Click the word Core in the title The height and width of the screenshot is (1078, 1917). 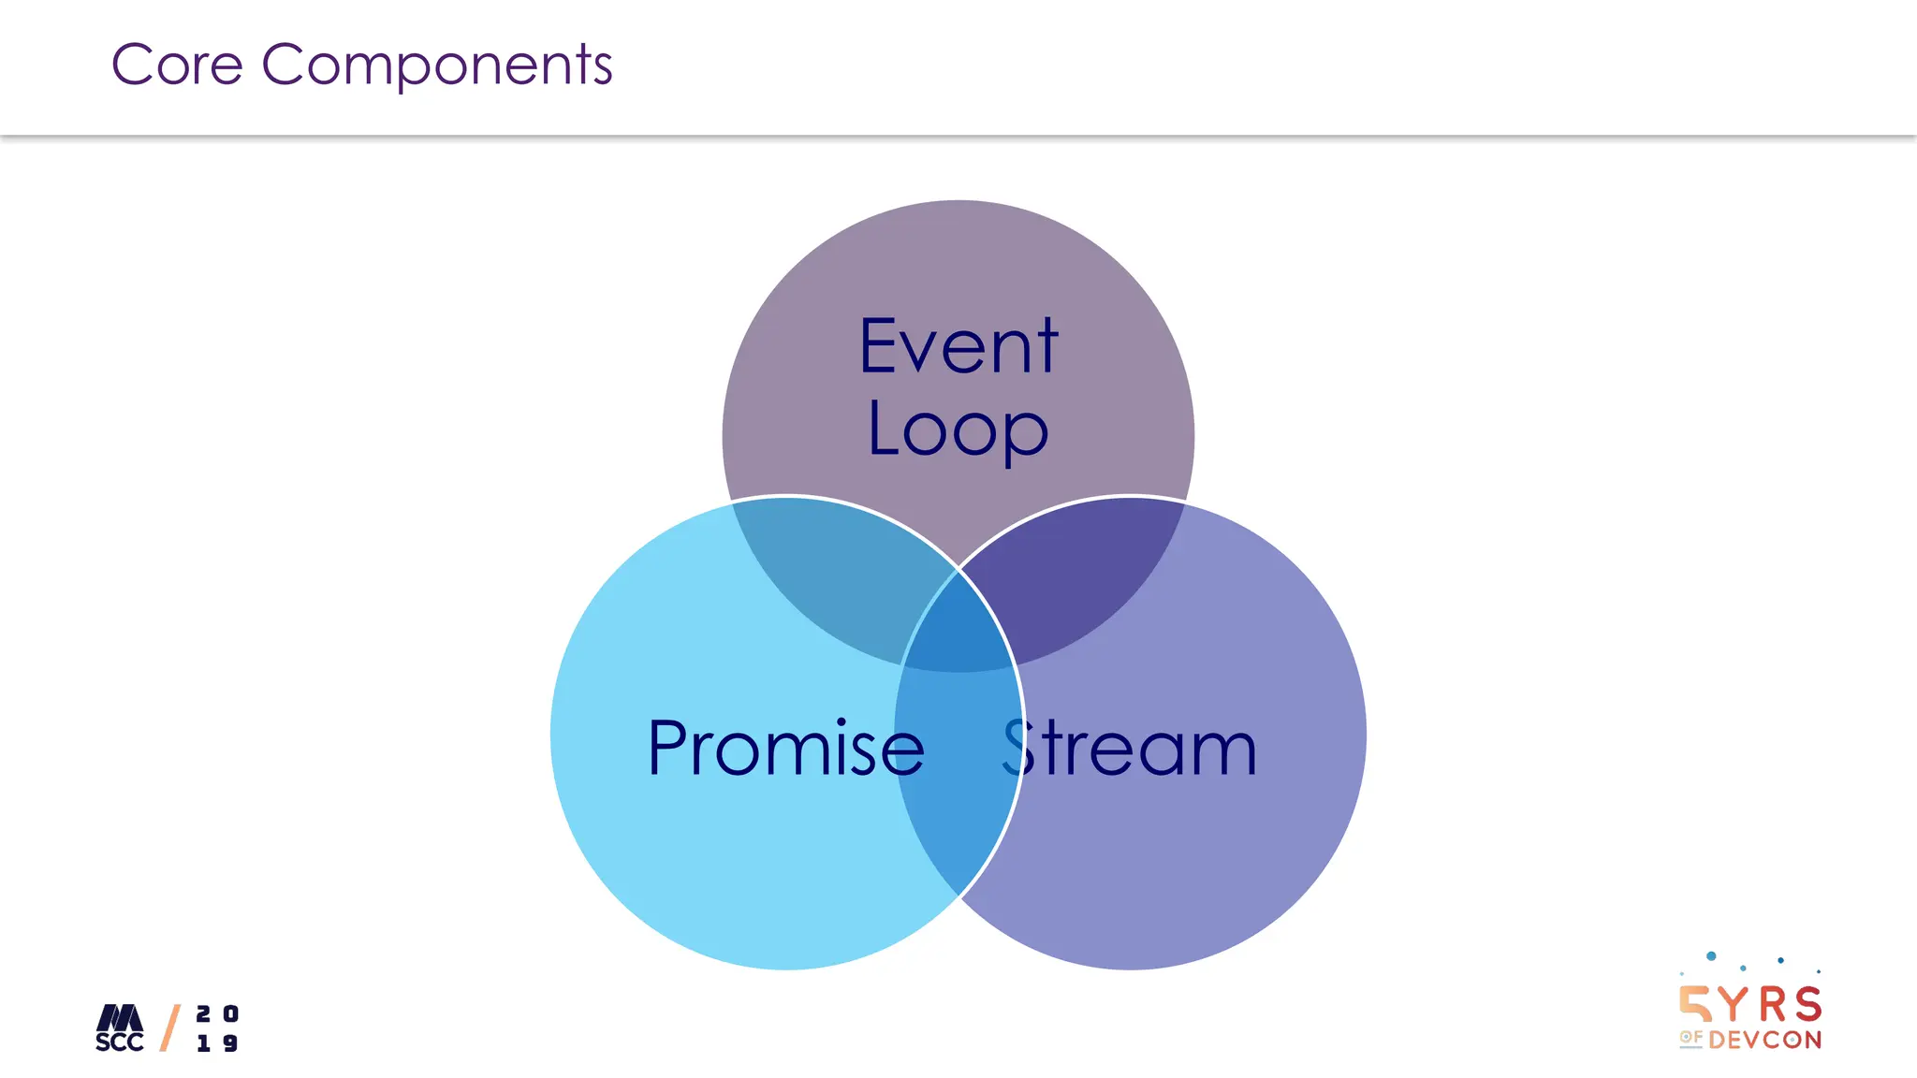[177, 65]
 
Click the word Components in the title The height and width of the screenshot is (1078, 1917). [436, 66]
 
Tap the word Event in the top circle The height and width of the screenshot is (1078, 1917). [958, 347]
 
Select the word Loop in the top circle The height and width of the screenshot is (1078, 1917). [958, 430]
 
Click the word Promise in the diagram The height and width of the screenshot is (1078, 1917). [785, 748]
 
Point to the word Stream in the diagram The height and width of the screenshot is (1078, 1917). [1129, 748]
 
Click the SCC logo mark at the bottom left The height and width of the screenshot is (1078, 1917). [120, 1027]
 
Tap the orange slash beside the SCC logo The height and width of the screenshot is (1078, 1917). [170, 1027]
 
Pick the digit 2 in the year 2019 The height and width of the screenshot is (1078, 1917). [203, 1013]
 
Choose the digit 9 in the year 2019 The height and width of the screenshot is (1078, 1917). [230, 1042]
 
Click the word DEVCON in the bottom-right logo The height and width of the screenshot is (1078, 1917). [1764, 1040]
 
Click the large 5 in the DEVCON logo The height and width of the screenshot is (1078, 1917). [1694, 1004]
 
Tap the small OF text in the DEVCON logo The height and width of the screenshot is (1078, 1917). [1690, 1037]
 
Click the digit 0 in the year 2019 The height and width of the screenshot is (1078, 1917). [230, 1013]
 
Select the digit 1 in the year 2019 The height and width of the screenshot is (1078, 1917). [203, 1042]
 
